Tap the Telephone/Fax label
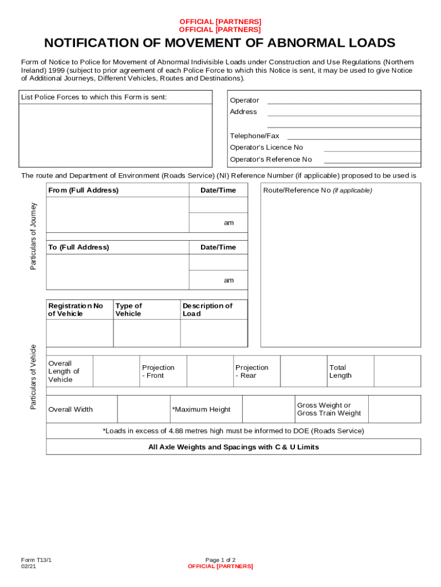254,136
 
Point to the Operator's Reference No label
271,159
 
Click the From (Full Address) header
84,190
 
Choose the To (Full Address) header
79,247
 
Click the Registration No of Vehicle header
76,310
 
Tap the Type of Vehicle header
129,310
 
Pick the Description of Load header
207,310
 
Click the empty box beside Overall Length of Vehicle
116,371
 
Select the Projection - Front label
158,371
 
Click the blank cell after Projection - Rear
304,371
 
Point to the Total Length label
340,371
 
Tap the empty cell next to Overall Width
143,409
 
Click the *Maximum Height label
202,409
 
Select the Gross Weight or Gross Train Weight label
329,409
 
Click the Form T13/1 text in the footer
33,560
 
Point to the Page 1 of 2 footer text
220,560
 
